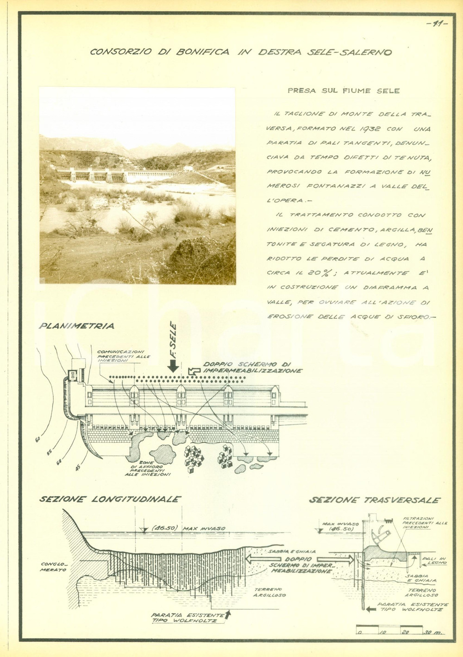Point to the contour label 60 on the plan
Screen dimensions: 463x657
(38, 434)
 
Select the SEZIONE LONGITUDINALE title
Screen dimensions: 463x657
(110, 500)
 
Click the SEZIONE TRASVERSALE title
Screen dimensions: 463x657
(374, 500)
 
